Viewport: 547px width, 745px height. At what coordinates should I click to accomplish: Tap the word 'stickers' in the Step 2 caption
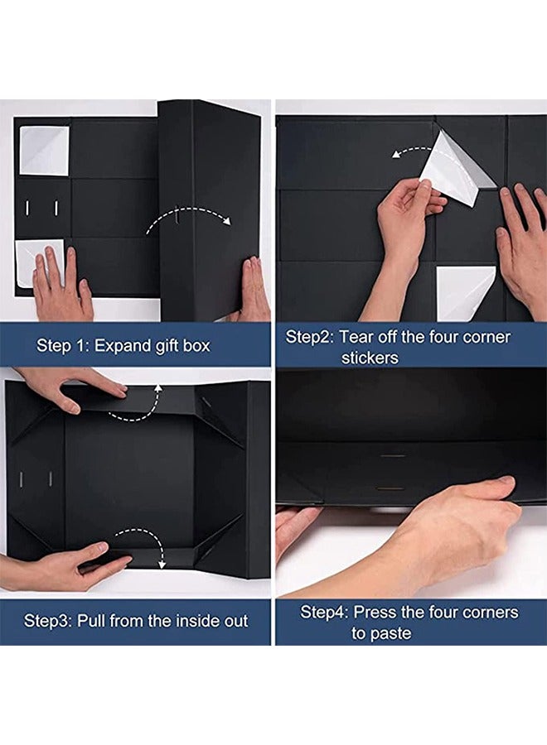click(x=370, y=358)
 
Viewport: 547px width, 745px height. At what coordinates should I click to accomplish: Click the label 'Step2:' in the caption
click(x=310, y=338)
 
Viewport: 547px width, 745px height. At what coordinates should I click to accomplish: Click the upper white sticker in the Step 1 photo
click(x=44, y=150)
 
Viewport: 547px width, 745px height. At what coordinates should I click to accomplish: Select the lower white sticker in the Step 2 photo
click(x=464, y=293)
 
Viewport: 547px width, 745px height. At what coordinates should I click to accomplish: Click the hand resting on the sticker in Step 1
click(x=62, y=285)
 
